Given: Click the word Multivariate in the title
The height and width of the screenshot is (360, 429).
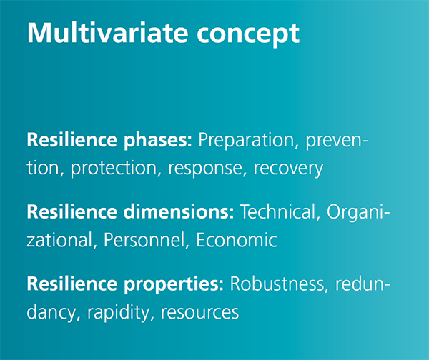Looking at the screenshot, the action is tap(107, 33).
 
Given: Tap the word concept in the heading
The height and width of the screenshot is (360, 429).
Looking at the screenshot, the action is tap(248, 36).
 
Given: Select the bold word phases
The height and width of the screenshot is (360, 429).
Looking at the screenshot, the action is tap(158, 141).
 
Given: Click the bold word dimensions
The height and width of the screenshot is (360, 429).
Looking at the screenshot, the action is tap(179, 212).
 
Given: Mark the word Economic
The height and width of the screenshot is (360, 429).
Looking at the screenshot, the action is tap(237, 240).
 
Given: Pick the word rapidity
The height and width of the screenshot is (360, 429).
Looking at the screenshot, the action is tap(119, 313).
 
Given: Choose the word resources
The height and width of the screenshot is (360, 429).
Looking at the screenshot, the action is tap(199, 313).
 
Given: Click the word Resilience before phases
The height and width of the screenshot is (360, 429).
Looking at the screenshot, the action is tap(72, 140).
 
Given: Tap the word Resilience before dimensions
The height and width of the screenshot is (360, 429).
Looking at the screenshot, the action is tap(72, 212).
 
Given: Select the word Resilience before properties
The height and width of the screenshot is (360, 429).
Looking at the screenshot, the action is tap(72, 284).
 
